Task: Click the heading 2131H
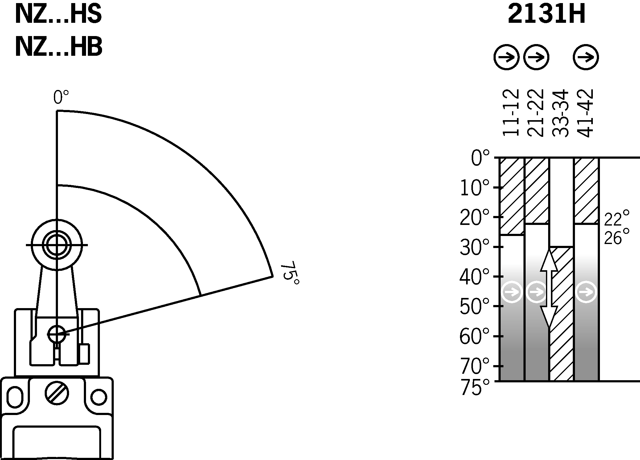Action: coord(546,14)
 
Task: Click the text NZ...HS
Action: coord(58,14)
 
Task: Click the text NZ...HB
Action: coord(58,47)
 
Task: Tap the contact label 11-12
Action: coord(511,113)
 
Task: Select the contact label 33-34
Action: coord(560,113)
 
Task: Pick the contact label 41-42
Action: coord(585,113)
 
